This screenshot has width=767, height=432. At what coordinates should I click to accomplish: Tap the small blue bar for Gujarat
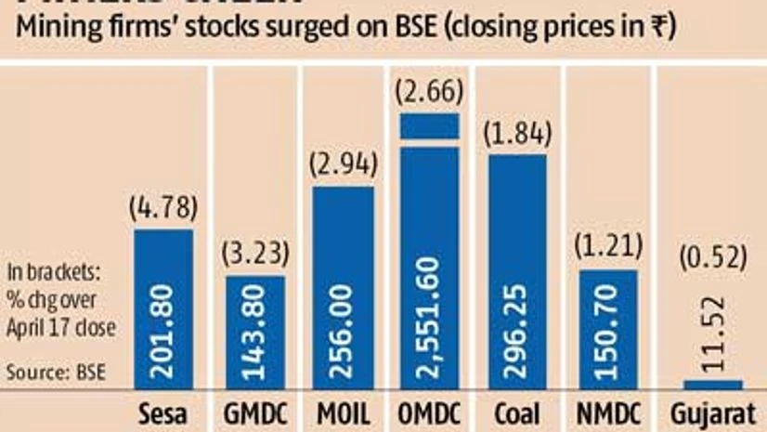click(713, 384)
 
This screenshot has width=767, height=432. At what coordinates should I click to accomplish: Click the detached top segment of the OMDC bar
click(429, 126)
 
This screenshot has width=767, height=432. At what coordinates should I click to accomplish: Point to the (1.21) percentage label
click(608, 247)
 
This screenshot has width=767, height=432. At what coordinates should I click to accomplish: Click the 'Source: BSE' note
click(56, 373)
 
